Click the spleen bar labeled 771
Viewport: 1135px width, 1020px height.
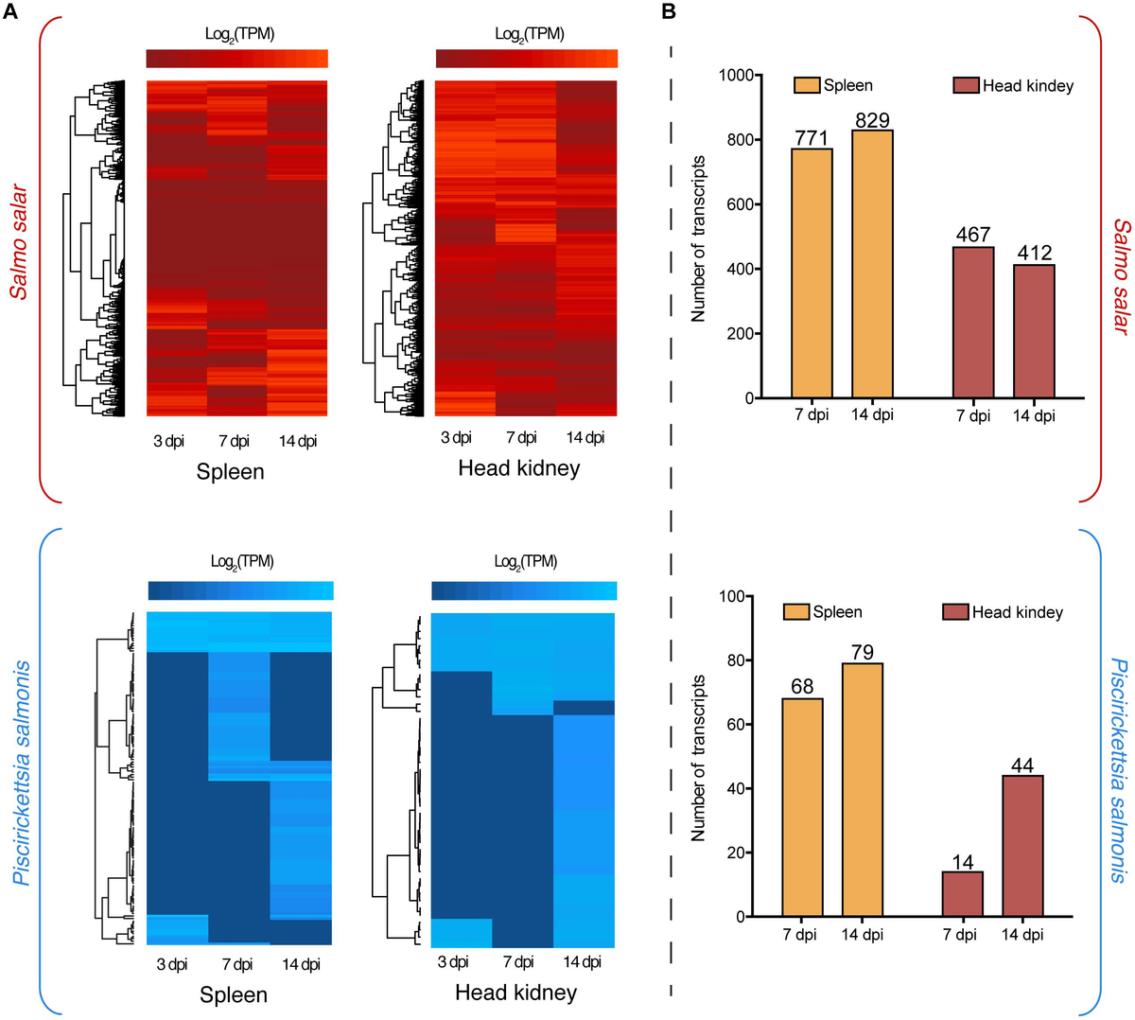[x=812, y=273]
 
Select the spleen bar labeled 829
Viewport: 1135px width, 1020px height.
[x=872, y=264]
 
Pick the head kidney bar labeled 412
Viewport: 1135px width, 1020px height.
[x=1034, y=331]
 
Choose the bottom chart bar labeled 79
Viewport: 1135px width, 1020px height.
[x=863, y=789]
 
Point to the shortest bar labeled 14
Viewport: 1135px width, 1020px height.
[x=963, y=893]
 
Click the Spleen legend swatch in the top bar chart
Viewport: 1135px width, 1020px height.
[x=807, y=85]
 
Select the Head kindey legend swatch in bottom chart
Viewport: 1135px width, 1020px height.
[x=955, y=612]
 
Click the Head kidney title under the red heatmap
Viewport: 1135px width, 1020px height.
[x=518, y=467]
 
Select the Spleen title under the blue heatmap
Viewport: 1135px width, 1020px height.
[x=233, y=994]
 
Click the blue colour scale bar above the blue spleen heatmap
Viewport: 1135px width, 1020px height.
[x=240, y=590]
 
